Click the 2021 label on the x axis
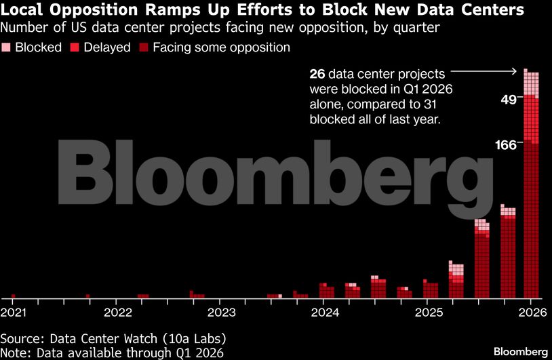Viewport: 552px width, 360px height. tap(13, 312)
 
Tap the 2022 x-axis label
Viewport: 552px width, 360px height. tap(117, 312)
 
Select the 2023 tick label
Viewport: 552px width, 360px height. tap(221, 312)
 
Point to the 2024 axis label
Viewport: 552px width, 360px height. tap(325, 312)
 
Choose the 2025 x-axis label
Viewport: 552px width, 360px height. tap(429, 312)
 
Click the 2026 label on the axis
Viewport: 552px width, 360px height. tap(532, 312)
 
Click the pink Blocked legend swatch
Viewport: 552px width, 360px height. tap(6, 47)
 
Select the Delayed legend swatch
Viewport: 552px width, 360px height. tap(75, 47)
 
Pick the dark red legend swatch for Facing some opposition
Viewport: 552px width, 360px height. tap(144, 47)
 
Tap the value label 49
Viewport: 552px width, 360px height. tap(508, 100)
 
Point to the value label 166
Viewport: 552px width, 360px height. tap(505, 145)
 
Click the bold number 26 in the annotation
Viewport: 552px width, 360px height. tap(317, 75)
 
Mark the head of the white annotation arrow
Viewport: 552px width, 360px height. tap(516, 71)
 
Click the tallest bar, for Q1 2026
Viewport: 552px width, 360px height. tap(531, 183)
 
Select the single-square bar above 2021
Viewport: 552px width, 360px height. tap(14, 296)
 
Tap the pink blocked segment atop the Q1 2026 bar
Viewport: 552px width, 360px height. tap(531, 83)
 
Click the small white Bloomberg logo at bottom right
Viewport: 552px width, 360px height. tap(520, 352)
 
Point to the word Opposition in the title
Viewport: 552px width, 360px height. tap(94, 9)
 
